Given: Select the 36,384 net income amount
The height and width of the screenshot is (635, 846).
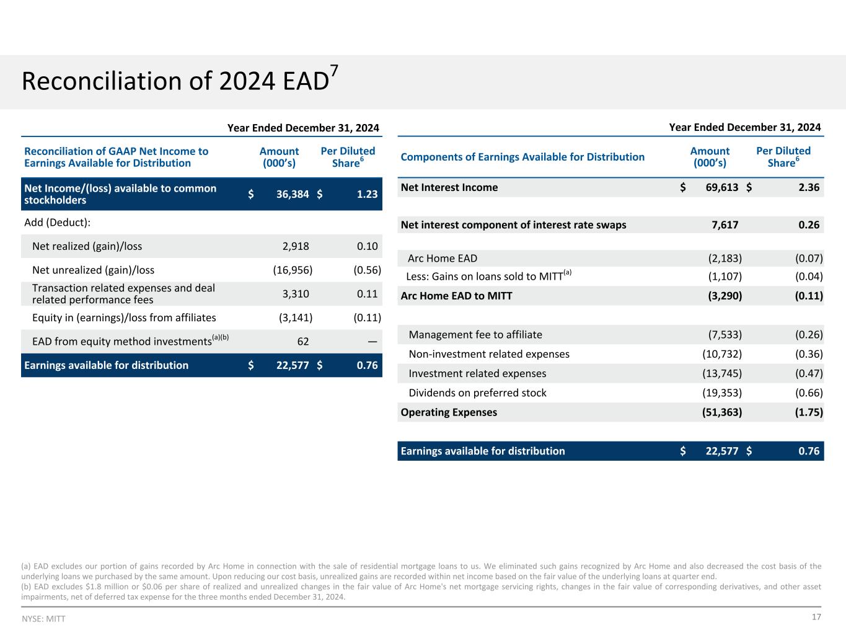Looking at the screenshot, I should click(293, 194).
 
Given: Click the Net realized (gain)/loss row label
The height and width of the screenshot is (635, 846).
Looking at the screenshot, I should click(87, 246).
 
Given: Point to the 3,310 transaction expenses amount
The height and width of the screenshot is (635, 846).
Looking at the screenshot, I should click(296, 294).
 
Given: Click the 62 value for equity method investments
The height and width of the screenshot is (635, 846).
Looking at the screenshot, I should click(302, 341).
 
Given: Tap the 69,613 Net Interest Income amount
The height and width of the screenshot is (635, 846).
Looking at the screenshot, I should click(722, 187).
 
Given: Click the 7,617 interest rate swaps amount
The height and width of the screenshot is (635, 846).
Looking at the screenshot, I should click(725, 224).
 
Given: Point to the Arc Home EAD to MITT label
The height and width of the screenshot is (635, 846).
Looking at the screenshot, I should click(456, 296).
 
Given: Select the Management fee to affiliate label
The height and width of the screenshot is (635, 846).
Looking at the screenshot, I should click(475, 335).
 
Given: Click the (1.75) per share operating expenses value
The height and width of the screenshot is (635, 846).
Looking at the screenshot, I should click(809, 412).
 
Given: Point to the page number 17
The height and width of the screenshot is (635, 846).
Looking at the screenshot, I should click(816, 617).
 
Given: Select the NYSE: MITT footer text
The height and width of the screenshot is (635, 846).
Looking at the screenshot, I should click(43, 619).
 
